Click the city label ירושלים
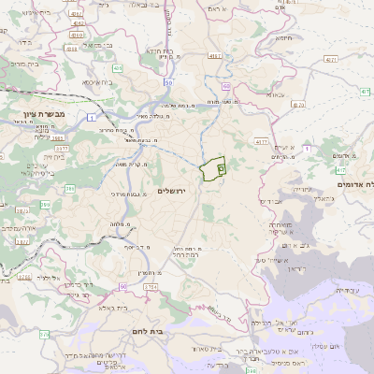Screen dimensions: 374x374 click(x=173, y=191)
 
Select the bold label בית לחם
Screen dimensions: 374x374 click(x=168, y=330)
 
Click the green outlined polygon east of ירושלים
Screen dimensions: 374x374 click(x=212, y=169)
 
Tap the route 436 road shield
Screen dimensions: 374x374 click(x=117, y=68)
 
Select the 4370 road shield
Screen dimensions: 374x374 click(x=262, y=141)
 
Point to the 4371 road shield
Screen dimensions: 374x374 click(x=330, y=58)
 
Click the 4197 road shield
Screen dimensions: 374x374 click(x=215, y=57)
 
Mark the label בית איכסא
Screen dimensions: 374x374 click(x=98, y=82)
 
